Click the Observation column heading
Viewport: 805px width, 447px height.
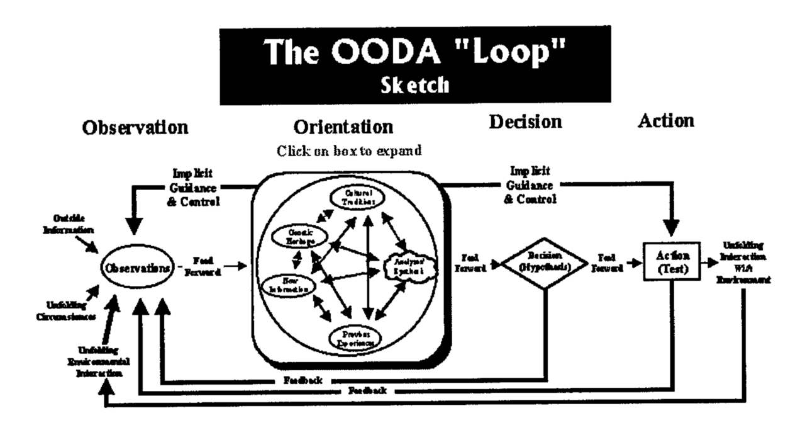135,127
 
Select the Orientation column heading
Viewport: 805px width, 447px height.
343,127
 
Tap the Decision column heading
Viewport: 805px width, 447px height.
525,123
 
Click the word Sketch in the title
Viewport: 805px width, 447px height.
414,86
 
